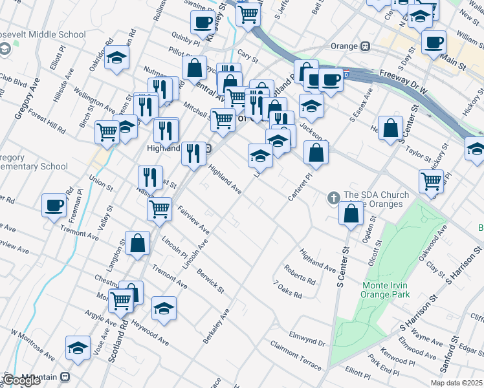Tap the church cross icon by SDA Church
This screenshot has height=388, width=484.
click(x=333, y=197)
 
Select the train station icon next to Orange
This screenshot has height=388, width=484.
click(x=365, y=47)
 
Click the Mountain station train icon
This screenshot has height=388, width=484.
click(x=65, y=376)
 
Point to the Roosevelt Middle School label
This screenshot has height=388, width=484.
click(x=43, y=35)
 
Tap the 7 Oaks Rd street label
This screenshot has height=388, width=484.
click(x=287, y=289)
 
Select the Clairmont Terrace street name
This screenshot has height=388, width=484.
click(x=296, y=356)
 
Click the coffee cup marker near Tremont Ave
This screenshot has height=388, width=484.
click(x=54, y=206)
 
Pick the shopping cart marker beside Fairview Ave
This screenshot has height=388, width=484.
click(x=159, y=209)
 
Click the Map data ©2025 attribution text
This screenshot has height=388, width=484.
click(x=456, y=383)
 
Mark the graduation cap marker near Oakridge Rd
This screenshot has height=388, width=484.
click(x=117, y=59)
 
